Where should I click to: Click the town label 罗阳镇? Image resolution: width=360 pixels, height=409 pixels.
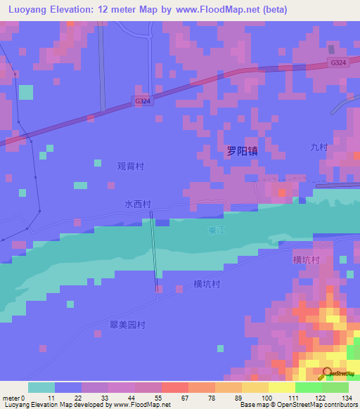242,151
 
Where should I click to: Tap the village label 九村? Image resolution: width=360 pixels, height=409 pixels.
319,147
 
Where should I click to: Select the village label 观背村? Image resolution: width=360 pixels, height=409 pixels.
130,167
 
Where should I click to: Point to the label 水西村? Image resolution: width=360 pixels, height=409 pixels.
138,204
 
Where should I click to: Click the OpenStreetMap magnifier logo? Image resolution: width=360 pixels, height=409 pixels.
327,373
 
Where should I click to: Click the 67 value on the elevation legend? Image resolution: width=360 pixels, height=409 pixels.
185,398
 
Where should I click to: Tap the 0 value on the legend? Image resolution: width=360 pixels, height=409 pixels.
23,398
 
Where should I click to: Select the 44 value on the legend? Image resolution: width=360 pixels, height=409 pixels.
131,398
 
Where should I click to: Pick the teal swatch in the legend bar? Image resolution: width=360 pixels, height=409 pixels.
41,387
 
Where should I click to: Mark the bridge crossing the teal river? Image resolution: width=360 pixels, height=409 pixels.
153,253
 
